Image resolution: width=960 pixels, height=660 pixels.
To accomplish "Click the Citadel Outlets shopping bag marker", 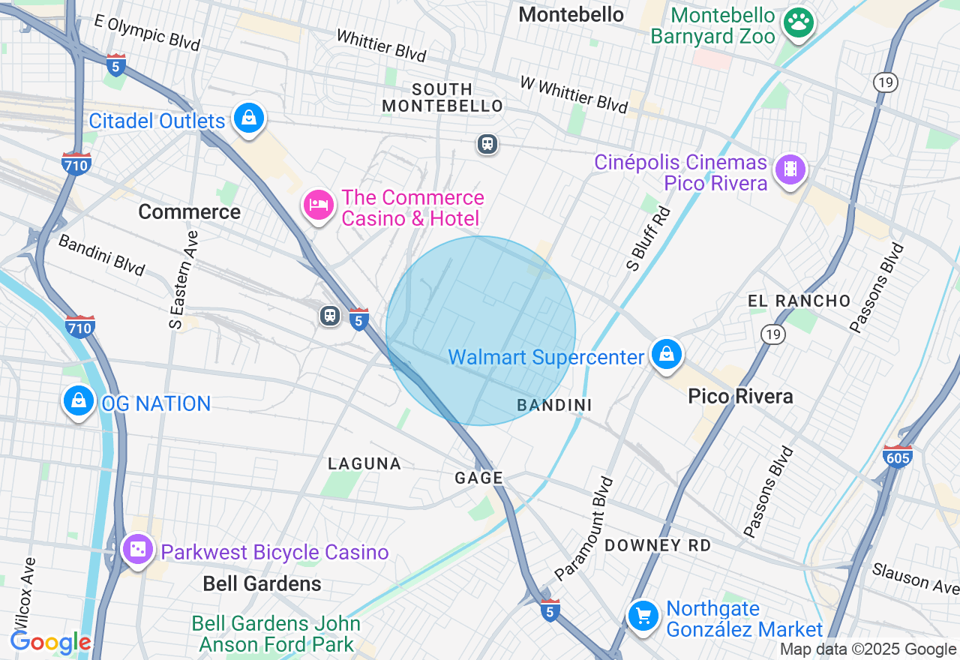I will pyautogui.click(x=248, y=118).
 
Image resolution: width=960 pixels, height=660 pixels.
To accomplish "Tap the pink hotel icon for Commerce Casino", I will pyautogui.click(x=319, y=205).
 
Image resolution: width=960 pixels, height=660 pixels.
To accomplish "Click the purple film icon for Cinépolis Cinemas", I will pyautogui.click(x=790, y=169).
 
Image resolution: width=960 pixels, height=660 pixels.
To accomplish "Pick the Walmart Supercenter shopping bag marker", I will pyautogui.click(x=666, y=355).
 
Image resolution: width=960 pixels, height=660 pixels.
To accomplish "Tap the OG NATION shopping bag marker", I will pyautogui.click(x=79, y=401).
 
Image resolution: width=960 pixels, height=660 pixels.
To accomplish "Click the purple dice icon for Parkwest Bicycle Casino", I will pyautogui.click(x=138, y=550).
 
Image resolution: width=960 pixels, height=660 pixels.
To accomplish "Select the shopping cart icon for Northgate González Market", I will pyautogui.click(x=643, y=616).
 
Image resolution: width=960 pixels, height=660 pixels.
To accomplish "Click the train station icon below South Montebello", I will pyautogui.click(x=487, y=143).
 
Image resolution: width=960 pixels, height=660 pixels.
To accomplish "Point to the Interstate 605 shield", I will pyautogui.click(x=898, y=455).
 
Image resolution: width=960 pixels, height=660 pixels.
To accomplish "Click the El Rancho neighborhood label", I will pyautogui.click(x=799, y=301).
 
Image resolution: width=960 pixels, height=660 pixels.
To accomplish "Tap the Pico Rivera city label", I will pyautogui.click(x=740, y=396).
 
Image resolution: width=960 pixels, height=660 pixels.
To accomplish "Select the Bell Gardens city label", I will pyautogui.click(x=262, y=583).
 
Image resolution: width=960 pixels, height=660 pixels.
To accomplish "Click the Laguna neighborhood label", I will pyautogui.click(x=364, y=464).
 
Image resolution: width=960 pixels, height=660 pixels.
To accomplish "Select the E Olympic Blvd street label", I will pyautogui.click(x=147, y=32).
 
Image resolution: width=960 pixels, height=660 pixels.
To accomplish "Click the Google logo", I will pyautogui.click(x=50, y=642).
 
